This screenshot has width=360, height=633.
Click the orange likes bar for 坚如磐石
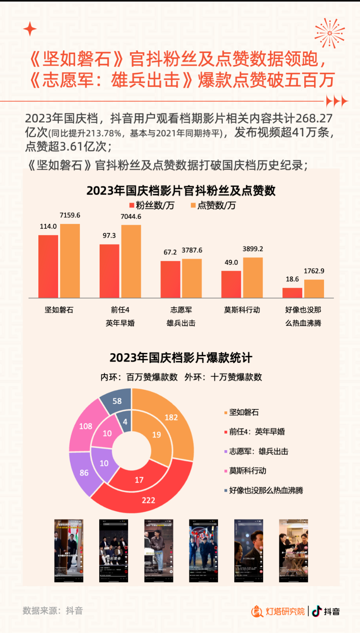70,261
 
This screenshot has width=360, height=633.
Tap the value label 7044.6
131,216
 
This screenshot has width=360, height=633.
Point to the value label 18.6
292,279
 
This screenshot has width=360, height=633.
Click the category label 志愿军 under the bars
181,310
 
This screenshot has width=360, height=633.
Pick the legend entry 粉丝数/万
152,205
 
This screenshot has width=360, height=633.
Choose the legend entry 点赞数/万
214,205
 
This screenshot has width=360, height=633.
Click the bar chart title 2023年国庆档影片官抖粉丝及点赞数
181,191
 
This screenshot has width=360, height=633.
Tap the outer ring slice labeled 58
116,400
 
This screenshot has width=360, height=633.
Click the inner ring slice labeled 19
156,435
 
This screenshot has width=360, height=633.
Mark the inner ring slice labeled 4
124,423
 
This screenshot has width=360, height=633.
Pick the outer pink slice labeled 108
86,426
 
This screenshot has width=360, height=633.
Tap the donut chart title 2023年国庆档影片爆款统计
181,358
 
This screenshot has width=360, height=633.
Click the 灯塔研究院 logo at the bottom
278,612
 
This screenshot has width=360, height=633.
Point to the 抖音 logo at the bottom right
326,612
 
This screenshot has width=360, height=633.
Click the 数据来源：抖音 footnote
53,611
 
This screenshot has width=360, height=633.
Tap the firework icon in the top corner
329,33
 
